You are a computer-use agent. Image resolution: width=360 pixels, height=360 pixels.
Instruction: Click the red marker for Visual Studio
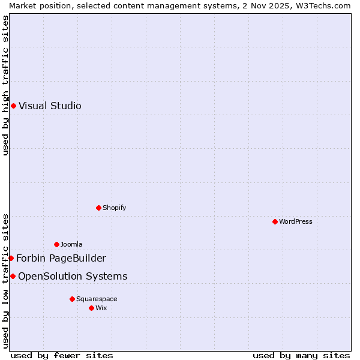[x=13, y=106]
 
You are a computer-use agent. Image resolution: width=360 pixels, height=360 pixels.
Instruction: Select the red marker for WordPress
[x=275, y=221]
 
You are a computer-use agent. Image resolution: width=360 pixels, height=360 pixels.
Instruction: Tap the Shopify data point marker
[x=98, y=208]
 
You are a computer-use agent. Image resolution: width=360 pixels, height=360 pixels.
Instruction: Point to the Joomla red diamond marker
[x=56, y=244]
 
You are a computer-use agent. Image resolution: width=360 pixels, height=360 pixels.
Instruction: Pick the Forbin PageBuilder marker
[x=11, y=258]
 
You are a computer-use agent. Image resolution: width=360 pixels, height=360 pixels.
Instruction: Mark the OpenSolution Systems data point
[x=13, y=276]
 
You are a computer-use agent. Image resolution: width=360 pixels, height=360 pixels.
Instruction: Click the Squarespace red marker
[x=72, y=299]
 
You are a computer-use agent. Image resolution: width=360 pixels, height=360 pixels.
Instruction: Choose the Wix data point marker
[x=91, y=308]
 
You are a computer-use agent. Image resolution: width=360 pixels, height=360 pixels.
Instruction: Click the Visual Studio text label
[x=50, y=106]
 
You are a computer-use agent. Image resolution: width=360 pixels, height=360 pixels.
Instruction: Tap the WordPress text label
[x=296, y=221]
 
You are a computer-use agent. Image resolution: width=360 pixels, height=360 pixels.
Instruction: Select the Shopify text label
[x=114, y=208]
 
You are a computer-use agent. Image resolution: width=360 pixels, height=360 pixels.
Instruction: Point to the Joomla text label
[x=71, y=244]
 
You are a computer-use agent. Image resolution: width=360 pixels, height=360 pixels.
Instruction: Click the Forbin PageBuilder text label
[x=61, y=259]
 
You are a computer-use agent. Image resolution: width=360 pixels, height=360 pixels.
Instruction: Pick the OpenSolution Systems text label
[x=73, y=277]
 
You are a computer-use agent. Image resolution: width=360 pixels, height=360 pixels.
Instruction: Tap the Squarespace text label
[x=97, y=299]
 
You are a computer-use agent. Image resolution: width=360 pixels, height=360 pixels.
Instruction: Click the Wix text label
[x=101, y=308]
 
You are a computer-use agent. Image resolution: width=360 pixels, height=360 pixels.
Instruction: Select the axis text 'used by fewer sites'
[x=62, y=355]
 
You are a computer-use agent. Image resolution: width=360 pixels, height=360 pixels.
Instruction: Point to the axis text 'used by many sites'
[x=301, y=355]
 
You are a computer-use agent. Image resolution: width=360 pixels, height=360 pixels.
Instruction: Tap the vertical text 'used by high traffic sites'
[x=5, y=85]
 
